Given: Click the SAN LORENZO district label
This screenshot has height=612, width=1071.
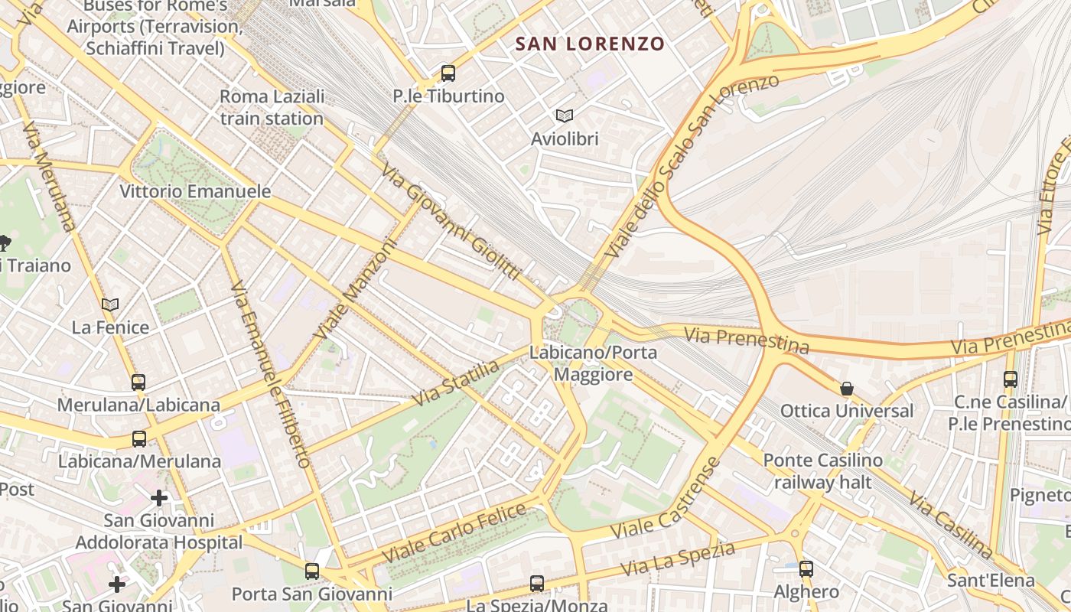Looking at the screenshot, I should click(590, 44).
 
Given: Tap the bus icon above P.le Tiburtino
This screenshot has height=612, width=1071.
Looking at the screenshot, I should click(448, 73).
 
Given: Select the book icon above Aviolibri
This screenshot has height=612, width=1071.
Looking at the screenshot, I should click(565, 116).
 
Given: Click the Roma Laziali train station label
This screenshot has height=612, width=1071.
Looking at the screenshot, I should click(272, 108).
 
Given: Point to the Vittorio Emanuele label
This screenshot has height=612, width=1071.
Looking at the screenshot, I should click(195, 191).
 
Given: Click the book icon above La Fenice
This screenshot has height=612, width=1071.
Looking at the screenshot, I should click(110, 304).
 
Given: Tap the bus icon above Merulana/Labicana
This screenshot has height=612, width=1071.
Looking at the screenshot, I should click(138, 382).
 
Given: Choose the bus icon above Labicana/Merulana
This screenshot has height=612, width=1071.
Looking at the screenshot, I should click(139, 439).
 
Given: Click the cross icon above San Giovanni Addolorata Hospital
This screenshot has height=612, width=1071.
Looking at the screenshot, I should click(159, 498).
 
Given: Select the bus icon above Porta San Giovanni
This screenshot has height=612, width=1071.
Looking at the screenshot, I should click(311, 571).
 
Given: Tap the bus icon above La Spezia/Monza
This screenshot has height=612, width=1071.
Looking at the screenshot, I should click(537, 584).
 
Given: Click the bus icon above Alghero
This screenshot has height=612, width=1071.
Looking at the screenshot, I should click(806, 568).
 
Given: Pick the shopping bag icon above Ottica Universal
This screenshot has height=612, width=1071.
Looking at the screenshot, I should click(847, 388).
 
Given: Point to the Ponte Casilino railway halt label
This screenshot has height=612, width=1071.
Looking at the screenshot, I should click(822, 471).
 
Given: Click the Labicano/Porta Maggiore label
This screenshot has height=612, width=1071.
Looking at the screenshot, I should click(593, 363).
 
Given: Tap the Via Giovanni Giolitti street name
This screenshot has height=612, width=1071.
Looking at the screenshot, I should click(451, 223).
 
